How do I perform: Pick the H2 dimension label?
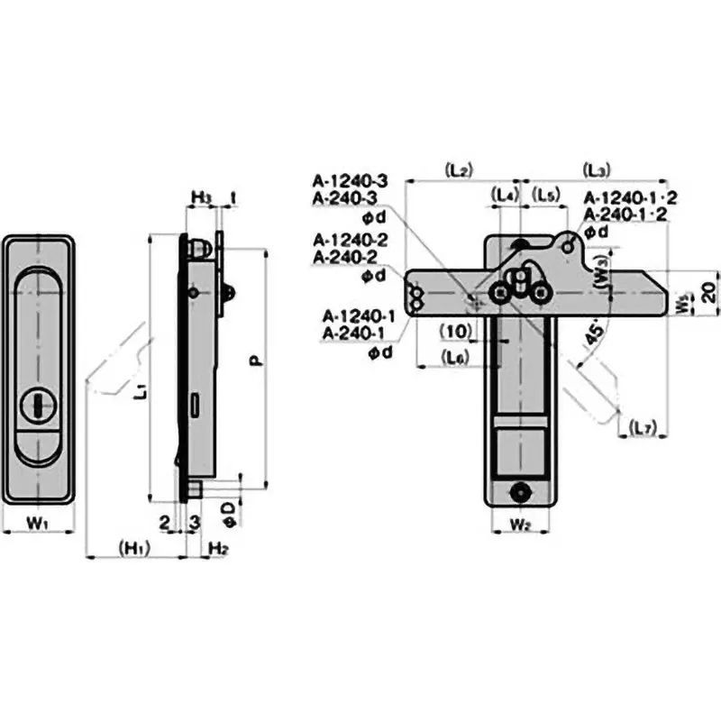pos(216,548)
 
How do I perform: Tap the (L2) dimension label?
pos(458,169)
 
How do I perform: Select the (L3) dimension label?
pos(597,169)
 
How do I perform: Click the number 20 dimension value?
pos(709,291)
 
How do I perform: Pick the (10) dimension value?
pos(455,330)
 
